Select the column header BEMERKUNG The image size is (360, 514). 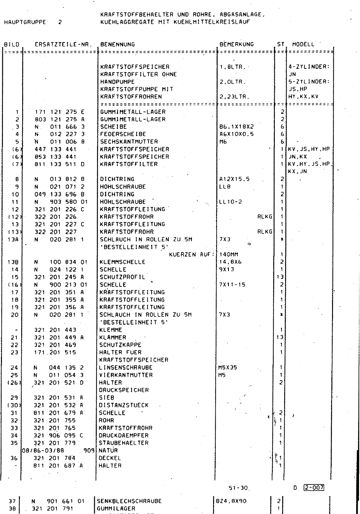[x=237, y=44]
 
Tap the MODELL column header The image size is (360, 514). [x=303, y=44]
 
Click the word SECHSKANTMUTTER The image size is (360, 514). [x=129, y=142]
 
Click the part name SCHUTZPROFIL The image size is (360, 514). [x=122, y=277]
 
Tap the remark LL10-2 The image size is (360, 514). [x=230, y=202]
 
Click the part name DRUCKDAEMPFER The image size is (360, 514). [x=124, y=436]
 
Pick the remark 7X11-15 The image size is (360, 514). [x=231, y=285]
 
